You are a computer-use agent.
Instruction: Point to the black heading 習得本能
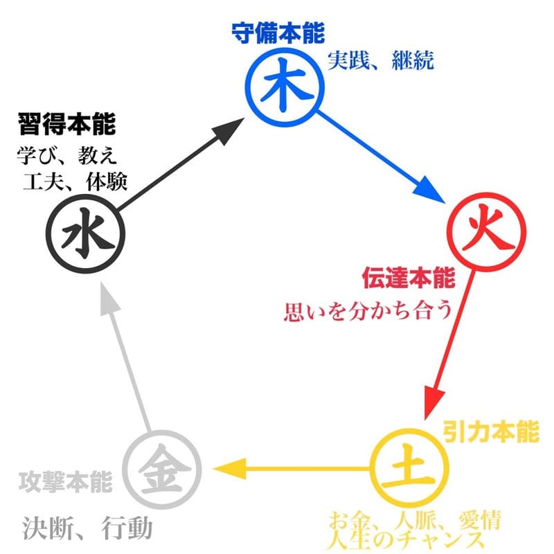tap(66, 125)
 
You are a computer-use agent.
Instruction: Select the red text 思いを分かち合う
tap(367, 310)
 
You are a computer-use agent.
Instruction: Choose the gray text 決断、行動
tap(87, 529)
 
